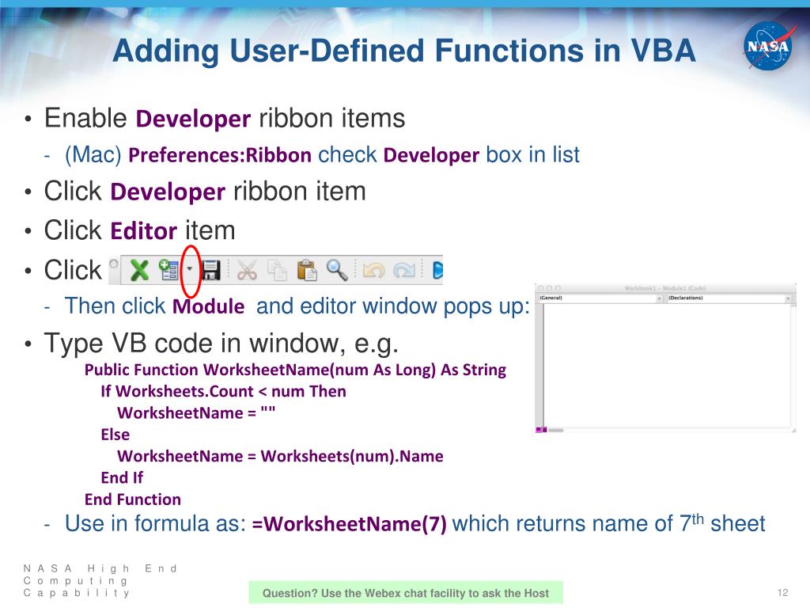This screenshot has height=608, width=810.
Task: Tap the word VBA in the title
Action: (655, 51)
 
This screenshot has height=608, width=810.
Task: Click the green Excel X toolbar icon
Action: (140, 270)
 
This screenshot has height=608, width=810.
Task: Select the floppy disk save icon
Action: (210, 270)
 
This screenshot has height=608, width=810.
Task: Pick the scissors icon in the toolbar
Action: (247, 270)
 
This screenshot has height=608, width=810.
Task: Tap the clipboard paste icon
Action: (307, 270)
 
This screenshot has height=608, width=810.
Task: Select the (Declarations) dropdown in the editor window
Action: (728, 298)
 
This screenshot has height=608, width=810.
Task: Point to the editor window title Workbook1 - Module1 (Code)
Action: (664, 288)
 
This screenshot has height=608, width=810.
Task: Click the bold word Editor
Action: (143, 232)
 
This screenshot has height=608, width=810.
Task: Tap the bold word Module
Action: (208, 306)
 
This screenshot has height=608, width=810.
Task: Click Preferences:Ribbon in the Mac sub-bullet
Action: (220, 155)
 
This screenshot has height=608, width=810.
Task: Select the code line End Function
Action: (133, 500)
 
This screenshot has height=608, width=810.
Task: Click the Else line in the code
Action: (115, 435)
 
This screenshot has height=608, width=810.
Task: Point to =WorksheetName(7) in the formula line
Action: (349, 524)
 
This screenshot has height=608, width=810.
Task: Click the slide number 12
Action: (784, 594)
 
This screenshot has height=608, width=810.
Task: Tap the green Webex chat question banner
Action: (405, 593)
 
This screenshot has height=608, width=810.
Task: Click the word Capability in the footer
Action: (76, 593)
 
